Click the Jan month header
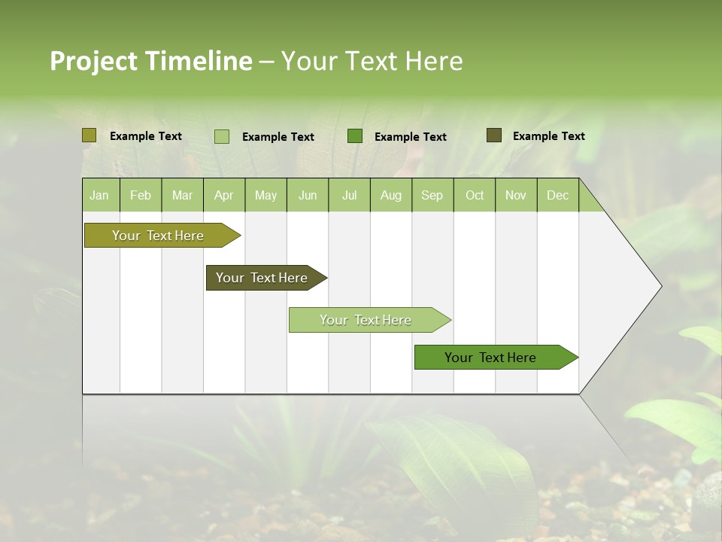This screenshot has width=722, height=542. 100,195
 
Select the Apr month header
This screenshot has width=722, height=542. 223,195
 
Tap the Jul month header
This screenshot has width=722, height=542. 349,195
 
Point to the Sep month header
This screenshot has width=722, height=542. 432,195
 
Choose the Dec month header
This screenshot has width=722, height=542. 557,195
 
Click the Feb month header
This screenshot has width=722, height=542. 141,195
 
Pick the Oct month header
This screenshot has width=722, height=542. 475,195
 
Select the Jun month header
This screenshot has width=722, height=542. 308,195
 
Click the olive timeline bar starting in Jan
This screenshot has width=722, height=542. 158,236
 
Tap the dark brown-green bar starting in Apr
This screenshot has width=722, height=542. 262,278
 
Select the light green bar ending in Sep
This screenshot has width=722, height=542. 366,320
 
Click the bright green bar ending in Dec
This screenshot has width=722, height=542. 490,358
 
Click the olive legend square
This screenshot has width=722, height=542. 89,135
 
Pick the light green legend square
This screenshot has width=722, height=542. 222,136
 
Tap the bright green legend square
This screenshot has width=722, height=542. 355,136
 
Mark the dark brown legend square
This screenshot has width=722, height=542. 494,135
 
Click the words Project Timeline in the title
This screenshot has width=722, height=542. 150,61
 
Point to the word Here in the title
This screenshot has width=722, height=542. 434,61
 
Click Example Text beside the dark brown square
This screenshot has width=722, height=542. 548,135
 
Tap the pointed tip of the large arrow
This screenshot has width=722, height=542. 660,286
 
